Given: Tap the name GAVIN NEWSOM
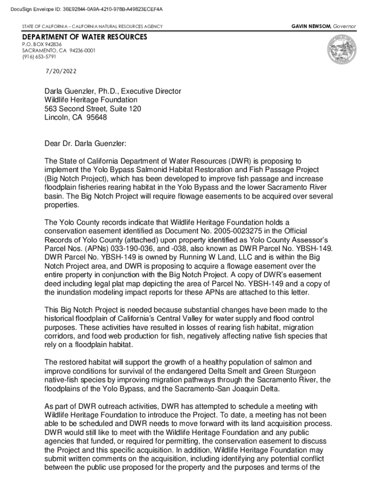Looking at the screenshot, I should pos(311,26).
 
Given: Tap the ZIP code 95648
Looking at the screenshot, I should pos(96,117).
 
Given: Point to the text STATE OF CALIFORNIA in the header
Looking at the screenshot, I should pos(47,26).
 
